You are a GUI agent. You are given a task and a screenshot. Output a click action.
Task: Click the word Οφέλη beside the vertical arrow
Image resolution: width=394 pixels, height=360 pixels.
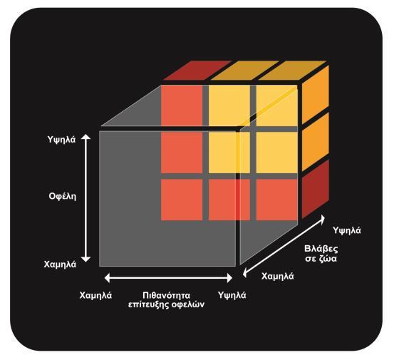62,196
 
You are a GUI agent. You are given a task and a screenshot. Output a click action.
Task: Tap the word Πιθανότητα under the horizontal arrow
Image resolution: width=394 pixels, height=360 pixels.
166,295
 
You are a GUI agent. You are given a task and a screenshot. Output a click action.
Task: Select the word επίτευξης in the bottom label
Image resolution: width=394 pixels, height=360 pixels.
148,304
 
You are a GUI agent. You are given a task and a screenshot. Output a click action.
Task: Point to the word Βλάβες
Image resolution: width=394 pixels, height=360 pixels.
321,249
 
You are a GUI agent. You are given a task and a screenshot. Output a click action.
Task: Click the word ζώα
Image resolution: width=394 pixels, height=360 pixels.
327,259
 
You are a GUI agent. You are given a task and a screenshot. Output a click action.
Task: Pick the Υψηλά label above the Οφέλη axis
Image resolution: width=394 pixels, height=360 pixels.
61,140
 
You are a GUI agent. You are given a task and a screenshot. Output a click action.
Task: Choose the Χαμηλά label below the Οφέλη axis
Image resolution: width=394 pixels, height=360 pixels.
60,264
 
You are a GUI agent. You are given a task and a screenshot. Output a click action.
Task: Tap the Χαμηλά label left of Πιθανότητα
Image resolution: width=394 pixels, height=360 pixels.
95,295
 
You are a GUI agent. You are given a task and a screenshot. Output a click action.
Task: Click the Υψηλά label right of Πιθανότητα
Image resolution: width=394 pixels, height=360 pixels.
232,295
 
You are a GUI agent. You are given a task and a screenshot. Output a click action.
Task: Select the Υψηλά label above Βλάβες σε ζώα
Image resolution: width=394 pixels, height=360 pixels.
347,230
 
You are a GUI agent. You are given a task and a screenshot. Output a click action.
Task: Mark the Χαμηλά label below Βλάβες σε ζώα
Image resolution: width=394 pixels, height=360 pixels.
277,277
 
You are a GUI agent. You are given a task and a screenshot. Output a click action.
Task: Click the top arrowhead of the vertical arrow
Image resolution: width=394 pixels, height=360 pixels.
86,136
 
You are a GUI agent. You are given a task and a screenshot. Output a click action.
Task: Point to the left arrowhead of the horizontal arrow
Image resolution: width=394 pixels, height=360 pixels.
107,278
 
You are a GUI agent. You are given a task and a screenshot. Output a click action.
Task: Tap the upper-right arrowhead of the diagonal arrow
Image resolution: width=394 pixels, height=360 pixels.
321,218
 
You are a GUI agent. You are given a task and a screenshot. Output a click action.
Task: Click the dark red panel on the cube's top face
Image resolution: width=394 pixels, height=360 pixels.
197,70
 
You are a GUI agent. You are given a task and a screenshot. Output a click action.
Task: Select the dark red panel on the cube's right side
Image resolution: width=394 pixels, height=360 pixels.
316,189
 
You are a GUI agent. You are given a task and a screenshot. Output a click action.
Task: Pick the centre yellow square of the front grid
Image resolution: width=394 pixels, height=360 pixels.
229,153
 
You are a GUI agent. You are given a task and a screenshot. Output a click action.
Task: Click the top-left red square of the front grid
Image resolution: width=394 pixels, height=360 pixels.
182,106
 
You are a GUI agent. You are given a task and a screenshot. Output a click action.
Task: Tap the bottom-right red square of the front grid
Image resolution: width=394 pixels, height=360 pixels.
277,200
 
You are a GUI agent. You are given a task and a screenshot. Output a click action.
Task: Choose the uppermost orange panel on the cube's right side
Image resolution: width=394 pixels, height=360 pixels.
316,94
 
